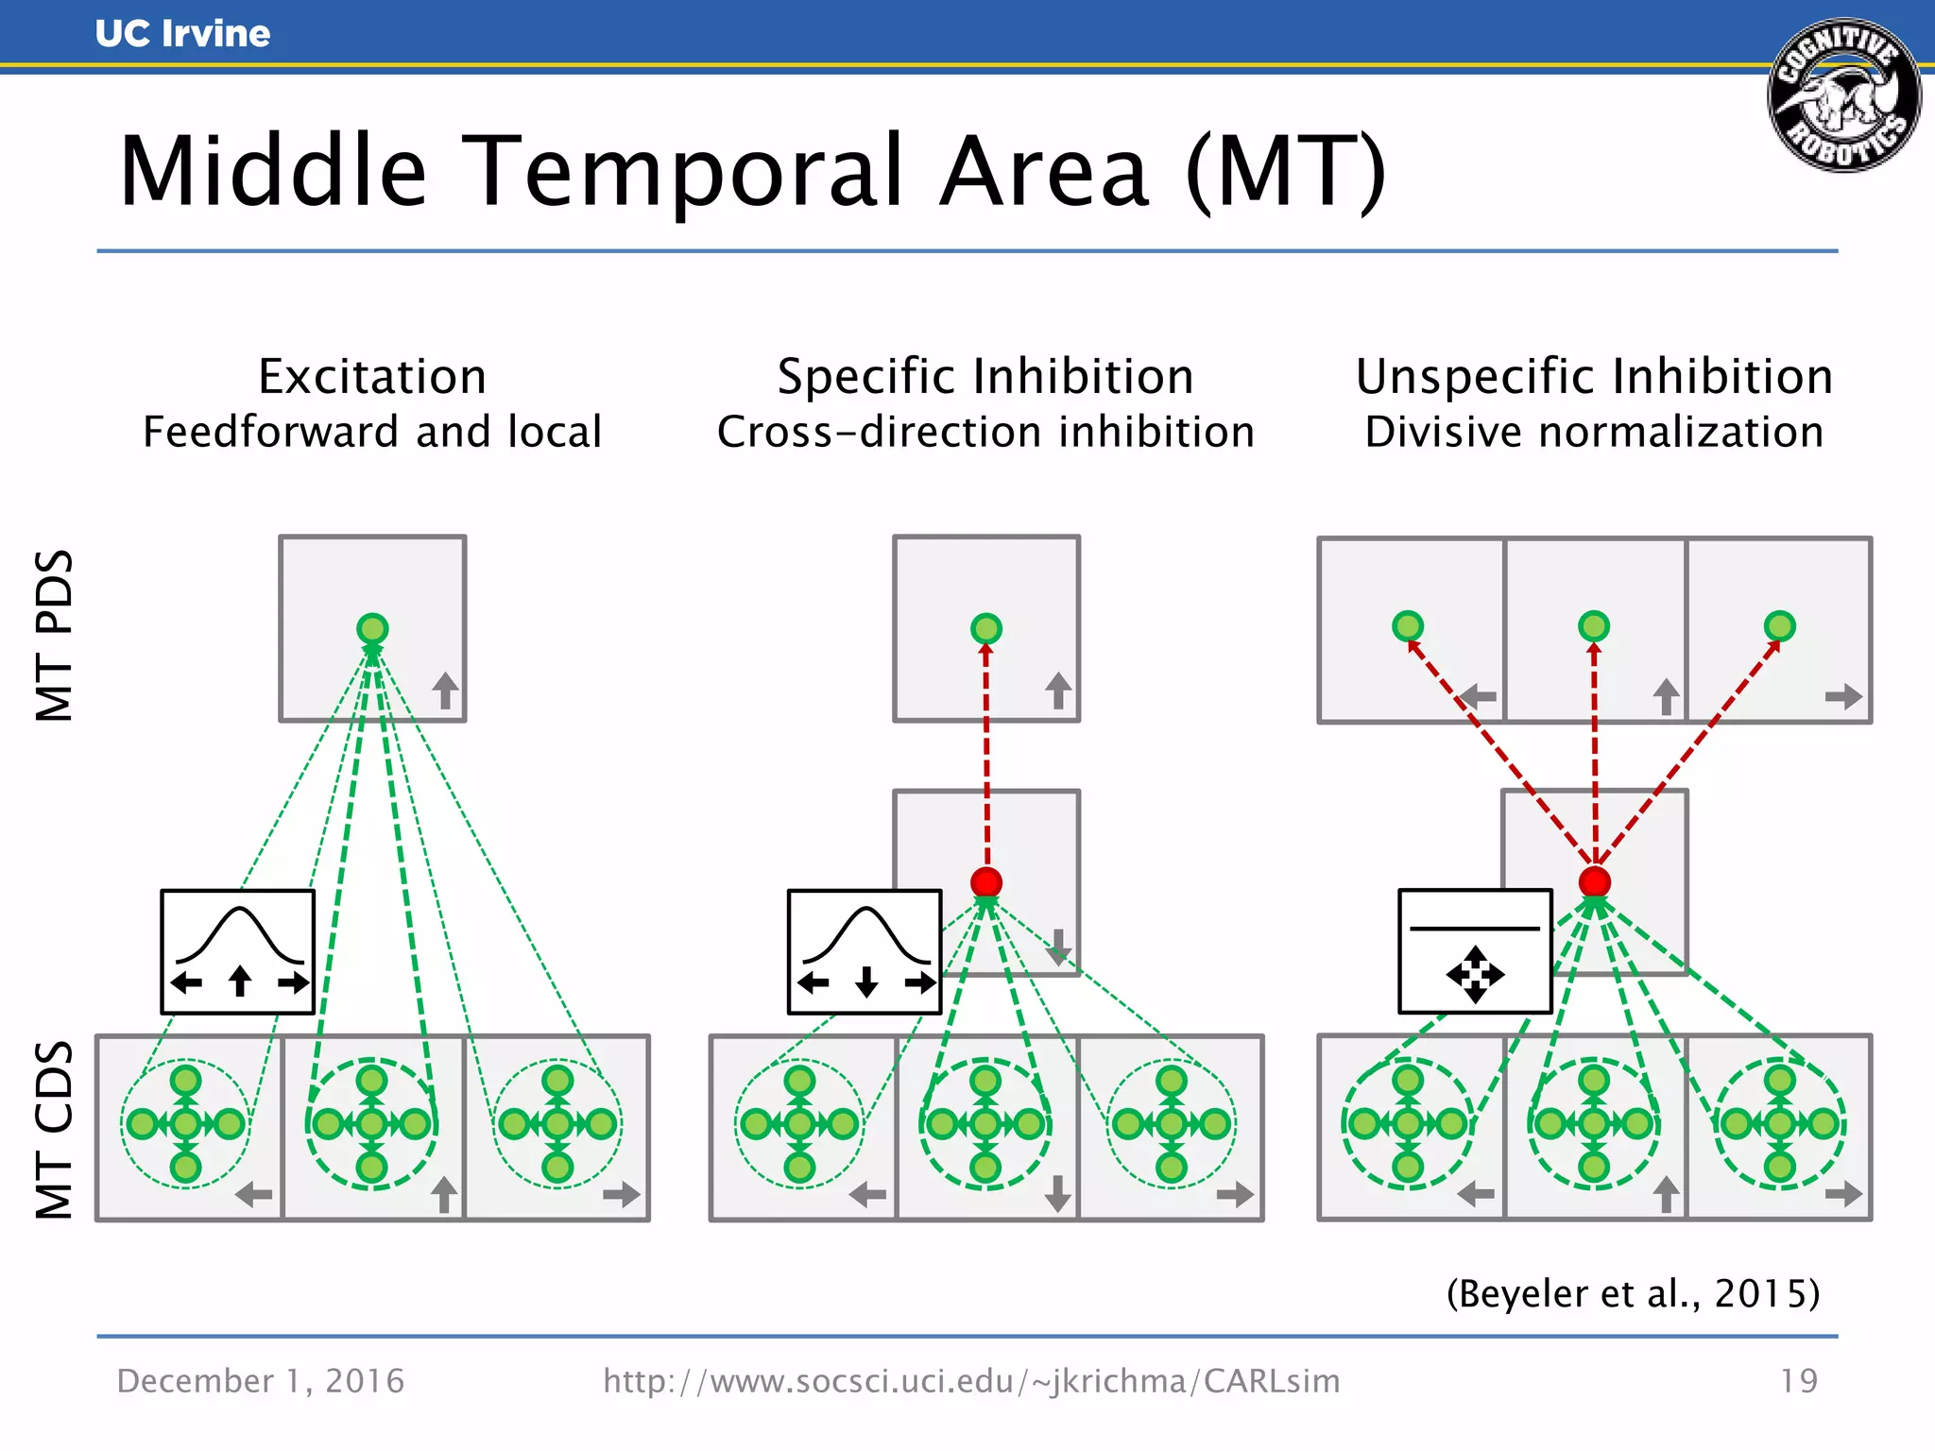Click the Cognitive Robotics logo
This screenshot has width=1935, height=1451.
[x=1843, y=95]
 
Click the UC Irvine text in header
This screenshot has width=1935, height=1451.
[x=182, y=34]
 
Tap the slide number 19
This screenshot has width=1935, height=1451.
[x=1798, y=1381]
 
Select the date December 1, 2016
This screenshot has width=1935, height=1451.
[x=261, y=1381]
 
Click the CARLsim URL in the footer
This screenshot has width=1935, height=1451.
[x=971, y=1381]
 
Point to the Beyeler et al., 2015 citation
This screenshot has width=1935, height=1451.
[x=1633, y=1293]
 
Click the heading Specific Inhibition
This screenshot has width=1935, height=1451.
[x=985, y=376]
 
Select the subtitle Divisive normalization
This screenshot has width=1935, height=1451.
[x=1594, y=432]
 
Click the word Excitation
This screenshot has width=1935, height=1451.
[x=372, y=376]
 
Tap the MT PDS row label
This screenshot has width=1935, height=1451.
[x=54, y=635]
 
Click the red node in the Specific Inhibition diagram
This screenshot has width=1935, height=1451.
[x=986, y=882]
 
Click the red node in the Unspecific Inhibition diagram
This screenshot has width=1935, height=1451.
[x=1595, y=881]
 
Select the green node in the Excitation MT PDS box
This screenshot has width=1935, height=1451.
[x=372, y=628]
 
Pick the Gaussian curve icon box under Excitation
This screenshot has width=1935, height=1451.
[x=238, y=951]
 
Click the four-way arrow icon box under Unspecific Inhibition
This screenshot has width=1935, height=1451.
[x=1475, y=951]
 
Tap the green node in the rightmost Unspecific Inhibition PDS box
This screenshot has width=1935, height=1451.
[x=1780, y=625]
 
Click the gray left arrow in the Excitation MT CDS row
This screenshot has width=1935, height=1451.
[x=253, y=1195]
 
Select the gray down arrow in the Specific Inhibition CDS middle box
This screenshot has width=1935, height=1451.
[x=1058, y=1194]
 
